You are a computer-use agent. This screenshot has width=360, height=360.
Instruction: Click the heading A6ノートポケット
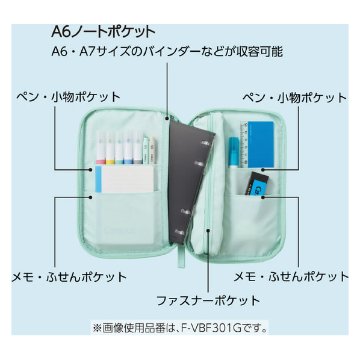point(104,32)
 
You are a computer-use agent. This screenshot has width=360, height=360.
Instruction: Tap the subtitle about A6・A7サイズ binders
point(167,51)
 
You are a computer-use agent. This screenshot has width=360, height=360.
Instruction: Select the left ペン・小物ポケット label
point(69,97)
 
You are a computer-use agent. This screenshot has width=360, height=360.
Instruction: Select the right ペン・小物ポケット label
point(294,98)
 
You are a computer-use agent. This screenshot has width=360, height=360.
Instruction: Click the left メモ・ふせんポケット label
point(69,277)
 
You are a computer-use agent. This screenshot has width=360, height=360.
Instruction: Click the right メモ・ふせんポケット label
point(291,276)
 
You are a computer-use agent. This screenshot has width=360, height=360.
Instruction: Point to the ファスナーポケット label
point(208,300)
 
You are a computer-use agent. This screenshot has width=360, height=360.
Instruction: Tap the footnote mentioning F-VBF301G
point(180,328)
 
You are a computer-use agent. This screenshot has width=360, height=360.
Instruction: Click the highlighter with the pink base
point(101,147)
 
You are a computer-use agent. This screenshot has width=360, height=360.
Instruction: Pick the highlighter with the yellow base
point(110,147)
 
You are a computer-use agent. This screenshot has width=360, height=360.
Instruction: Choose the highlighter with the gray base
point(138,147)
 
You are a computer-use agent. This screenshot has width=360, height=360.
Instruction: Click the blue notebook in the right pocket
point(261,144)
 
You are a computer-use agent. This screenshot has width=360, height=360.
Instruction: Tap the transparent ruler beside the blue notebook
point(244,144)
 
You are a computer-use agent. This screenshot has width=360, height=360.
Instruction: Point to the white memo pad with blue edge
point(125,179)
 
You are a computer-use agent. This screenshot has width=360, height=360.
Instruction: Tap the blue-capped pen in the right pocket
point(234,152)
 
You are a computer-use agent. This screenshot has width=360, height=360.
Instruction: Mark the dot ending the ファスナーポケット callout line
point(208,230)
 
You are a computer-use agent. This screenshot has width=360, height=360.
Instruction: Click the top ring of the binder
point(206,143)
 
